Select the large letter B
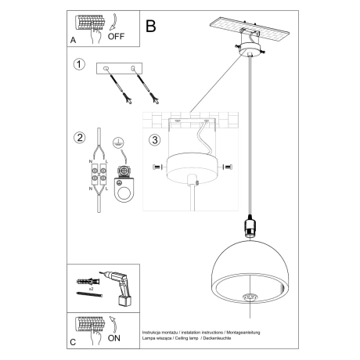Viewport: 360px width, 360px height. tap(151, 25)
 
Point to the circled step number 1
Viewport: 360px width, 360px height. tap(78, 65)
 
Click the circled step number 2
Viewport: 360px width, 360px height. tap(78, 139)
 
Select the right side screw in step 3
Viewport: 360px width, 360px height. tap(228, 167)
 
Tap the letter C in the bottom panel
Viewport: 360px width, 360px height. tap(73, 343)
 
